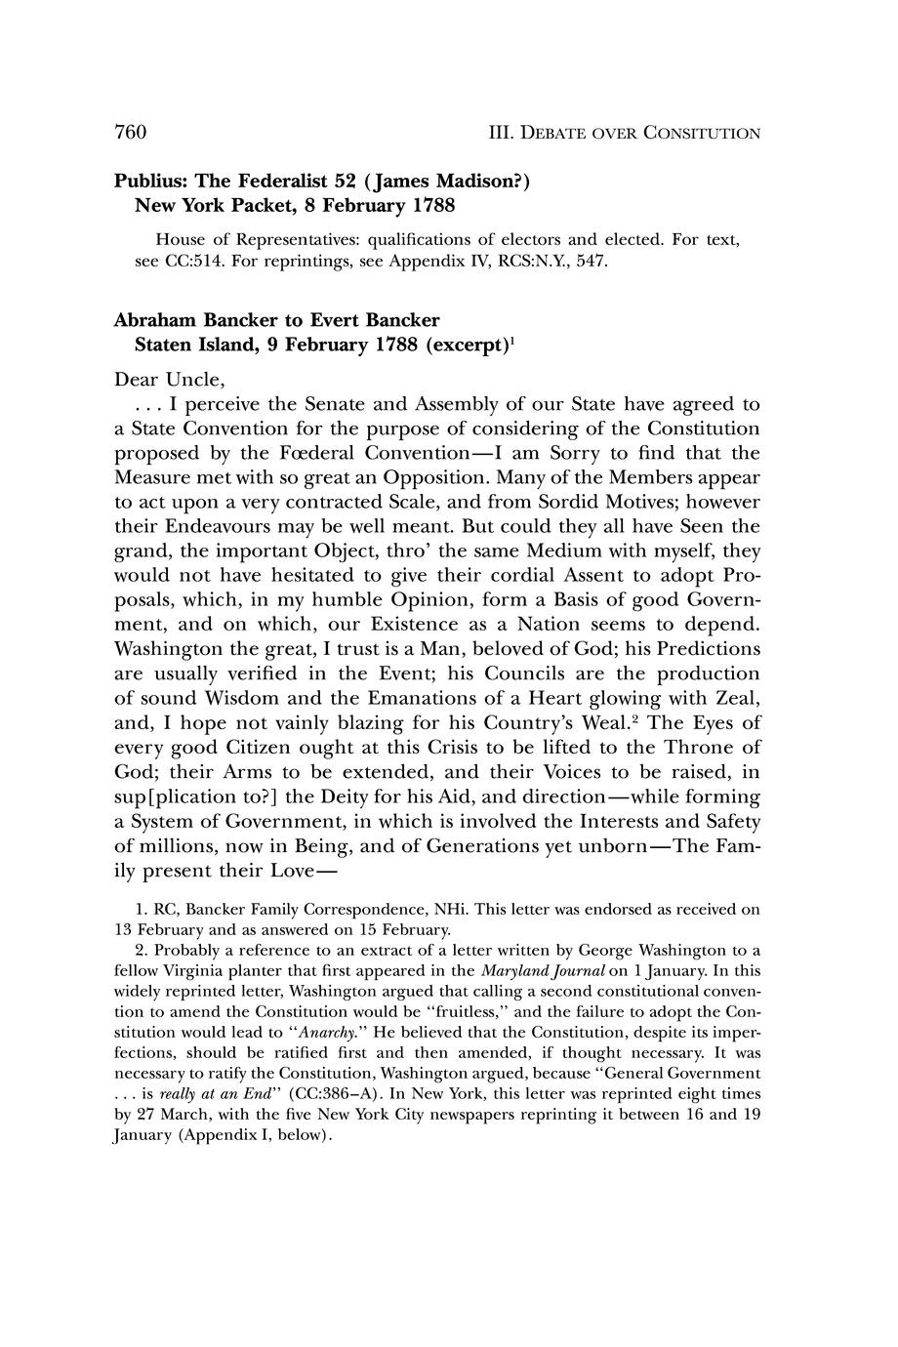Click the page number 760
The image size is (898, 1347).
click(131, 132)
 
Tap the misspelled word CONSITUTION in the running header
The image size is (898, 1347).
click(702, 133)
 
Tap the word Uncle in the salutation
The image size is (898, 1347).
click(195, 379)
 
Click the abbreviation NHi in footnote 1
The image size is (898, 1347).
click(447, 910)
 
